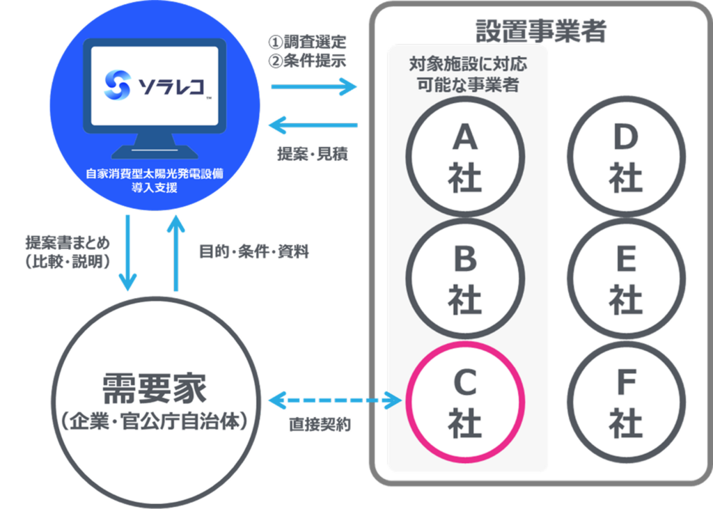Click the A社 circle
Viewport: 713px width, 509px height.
coord(465,159)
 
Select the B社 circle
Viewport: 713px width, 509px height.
coord(465,279)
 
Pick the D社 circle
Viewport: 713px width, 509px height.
coord(625,157)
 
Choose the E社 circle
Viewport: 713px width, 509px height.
coord(625,279)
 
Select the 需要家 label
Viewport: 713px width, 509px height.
coord(154,387)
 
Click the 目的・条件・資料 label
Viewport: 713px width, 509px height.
coord(253,251)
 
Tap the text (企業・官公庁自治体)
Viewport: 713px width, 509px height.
coord(154,421)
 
